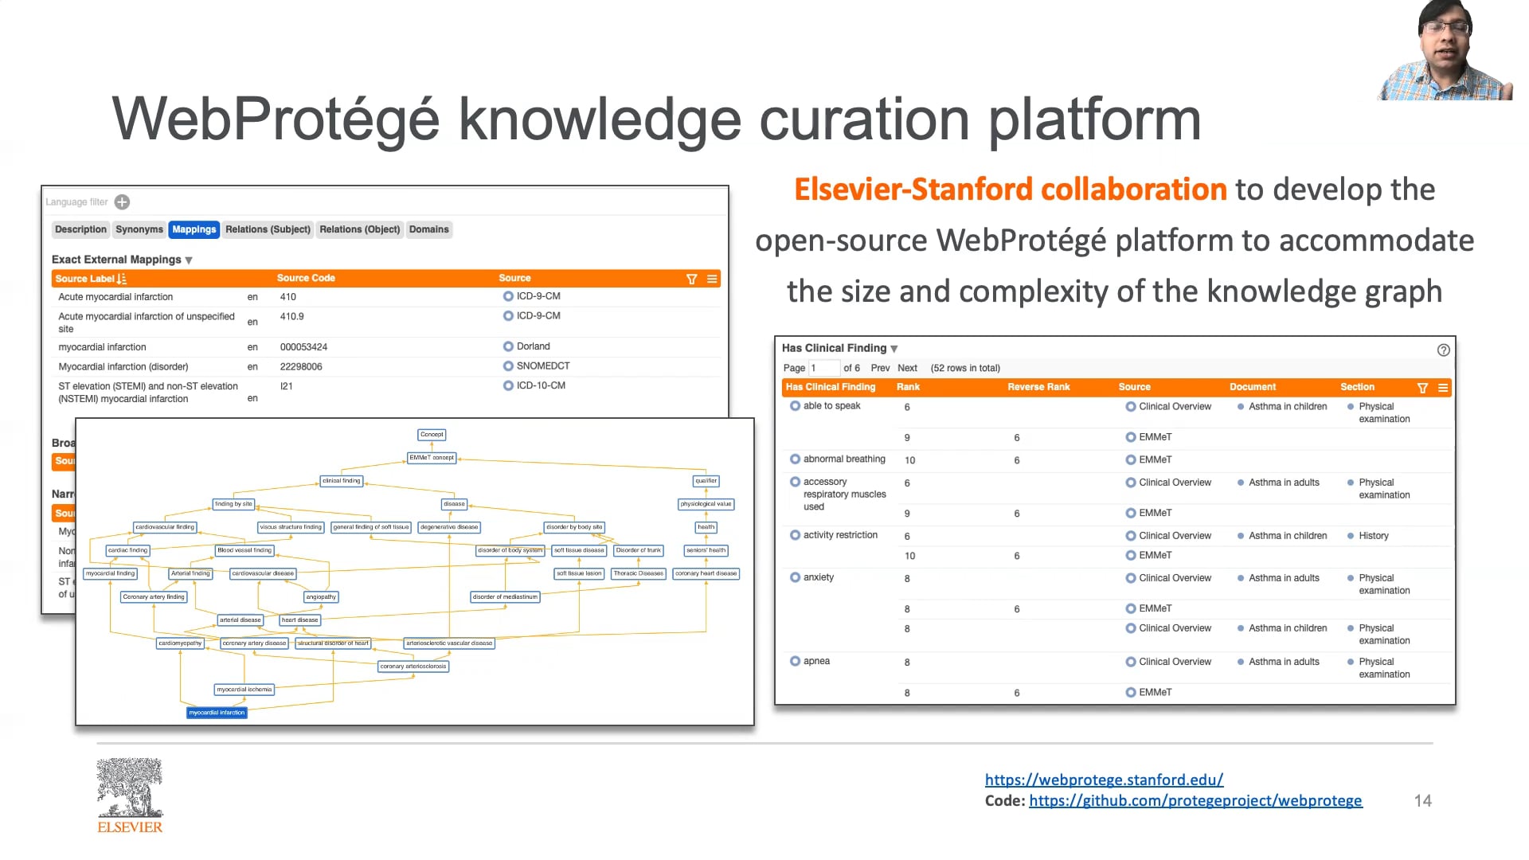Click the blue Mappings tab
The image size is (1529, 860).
194,229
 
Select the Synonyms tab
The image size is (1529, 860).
139,229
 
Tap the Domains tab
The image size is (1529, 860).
428,229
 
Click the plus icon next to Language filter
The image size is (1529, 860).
122,202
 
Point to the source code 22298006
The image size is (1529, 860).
301,367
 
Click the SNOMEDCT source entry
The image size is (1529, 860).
542,366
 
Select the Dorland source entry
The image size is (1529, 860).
533,346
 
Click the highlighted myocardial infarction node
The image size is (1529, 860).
217,713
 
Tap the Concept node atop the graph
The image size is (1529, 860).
432,435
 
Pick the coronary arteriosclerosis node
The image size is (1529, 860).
413,666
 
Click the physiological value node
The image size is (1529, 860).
706,504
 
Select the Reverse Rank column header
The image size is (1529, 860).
1038,387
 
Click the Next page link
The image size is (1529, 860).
907,368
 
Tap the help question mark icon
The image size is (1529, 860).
1443,350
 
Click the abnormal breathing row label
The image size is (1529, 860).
843,459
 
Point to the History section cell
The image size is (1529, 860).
1373,536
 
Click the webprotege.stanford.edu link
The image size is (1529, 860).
1104,780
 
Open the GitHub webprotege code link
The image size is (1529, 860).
1195,800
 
